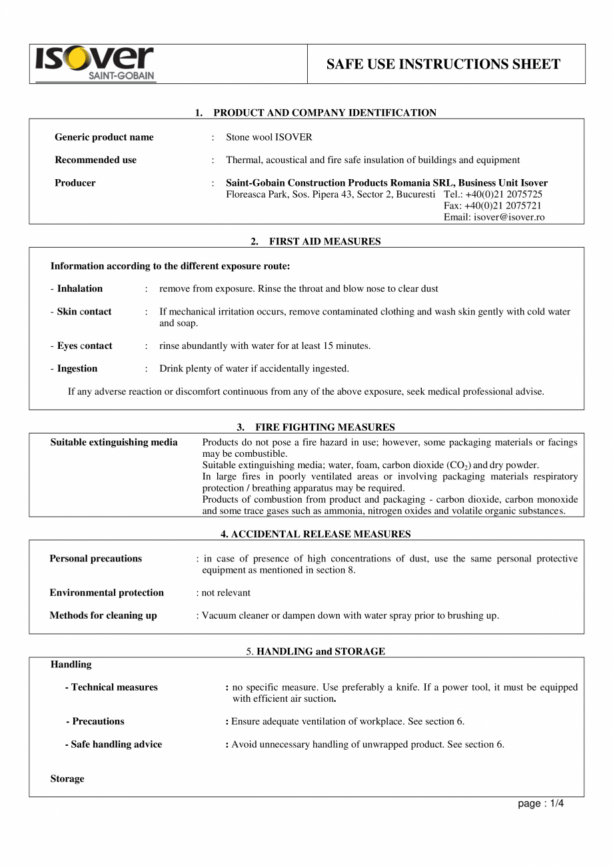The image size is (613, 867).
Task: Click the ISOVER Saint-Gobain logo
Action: coord(95,64)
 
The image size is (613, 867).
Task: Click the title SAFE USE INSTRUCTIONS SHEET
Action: coord(443,64)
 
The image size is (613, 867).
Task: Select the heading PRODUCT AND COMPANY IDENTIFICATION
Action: coord(324,113)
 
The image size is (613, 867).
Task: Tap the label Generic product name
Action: coord(104,137)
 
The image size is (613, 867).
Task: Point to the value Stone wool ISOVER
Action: coord(269,137)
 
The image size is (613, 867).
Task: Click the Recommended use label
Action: coord(95,160)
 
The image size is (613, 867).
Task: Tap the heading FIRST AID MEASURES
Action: coord(324,241)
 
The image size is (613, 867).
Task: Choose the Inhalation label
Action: coord(79,288)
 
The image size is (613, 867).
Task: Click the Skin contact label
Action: coord(84,312)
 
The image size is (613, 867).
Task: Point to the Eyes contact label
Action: coord(84,346)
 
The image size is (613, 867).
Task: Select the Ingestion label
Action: coord(77,368)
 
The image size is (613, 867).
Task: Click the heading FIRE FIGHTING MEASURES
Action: coord(324,427)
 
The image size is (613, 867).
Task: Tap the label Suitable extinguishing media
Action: coord(114,442)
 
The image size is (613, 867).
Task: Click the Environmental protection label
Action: coord(107,593)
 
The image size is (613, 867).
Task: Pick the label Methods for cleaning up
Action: coord(103,615)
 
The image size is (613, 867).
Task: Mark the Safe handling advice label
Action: coord(116,744)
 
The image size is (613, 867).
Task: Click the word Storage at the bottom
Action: coord(67,778)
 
